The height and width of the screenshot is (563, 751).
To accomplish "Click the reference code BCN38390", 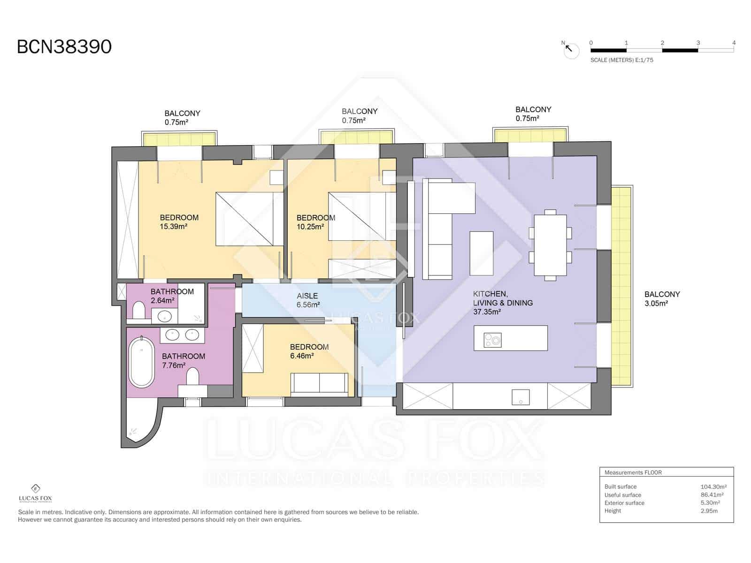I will point(64,47).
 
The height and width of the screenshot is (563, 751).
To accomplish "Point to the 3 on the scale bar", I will point(698,43).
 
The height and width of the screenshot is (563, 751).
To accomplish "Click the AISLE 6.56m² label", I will point(307,300).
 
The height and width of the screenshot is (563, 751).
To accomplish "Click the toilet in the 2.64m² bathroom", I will point(139,311).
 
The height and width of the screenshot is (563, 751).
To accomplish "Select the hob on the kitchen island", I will point(493,339).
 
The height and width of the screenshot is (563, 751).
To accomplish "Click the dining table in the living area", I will point(550,245).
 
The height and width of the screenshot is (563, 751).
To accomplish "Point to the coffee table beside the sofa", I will point(482,253).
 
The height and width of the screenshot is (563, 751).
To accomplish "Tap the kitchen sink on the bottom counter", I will point(521,397).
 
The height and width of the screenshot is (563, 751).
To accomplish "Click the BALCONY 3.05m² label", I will point(662,299).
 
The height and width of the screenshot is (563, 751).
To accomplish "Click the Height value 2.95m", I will point(709,511).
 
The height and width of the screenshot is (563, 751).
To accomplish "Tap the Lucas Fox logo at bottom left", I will point(35,493).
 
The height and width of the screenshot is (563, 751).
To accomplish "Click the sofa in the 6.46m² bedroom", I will point(320,383).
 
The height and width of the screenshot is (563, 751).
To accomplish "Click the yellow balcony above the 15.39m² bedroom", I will point(179,140).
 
